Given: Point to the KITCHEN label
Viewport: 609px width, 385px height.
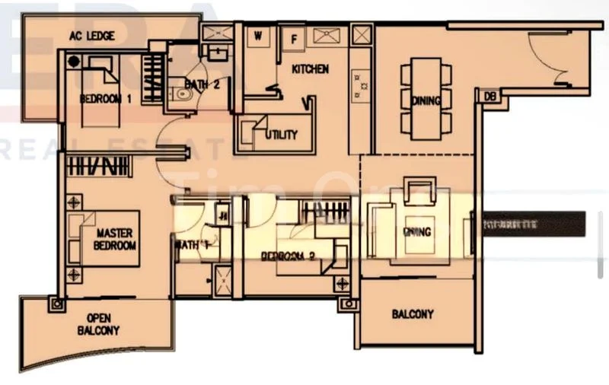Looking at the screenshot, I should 311,69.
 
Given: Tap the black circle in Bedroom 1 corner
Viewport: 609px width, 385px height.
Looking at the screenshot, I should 73,61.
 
